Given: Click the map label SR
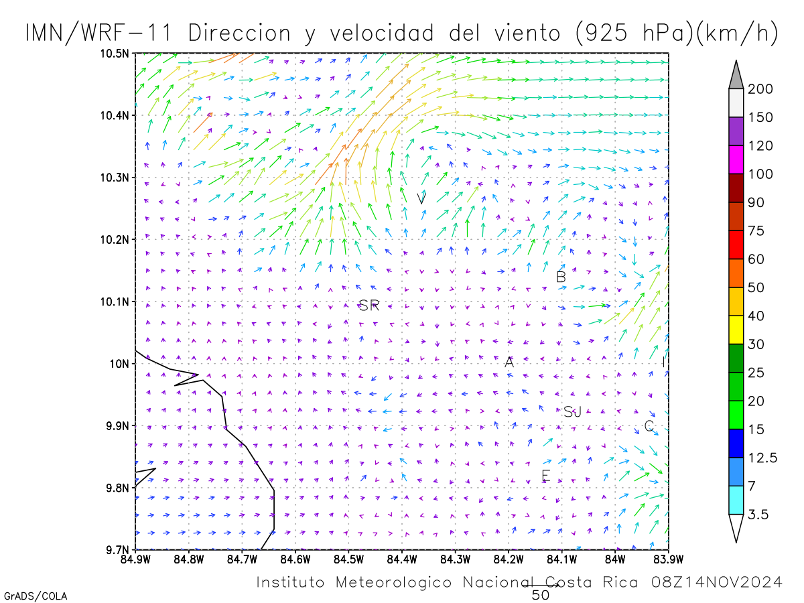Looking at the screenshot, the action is [x=368, y=305].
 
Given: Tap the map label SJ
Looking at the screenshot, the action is [x=572, y=412].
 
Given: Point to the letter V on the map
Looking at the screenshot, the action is [x=421, y=198].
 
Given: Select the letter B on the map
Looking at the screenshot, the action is [x=561, y=277].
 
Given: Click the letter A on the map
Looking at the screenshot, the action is [x=509, y=362].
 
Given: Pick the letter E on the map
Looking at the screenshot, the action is [x=545, y=475].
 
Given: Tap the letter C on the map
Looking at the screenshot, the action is [x=649, y=425].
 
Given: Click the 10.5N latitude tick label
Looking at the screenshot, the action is [x=115, y=54].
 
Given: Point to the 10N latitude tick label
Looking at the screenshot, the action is [x=119, y=364].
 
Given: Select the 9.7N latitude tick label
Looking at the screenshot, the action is [x=117, y=549].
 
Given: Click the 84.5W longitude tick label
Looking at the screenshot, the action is [x=348, y=559].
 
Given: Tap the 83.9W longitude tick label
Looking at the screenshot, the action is [x=669, y=559].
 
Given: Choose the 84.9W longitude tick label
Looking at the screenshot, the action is [x=135, y=559].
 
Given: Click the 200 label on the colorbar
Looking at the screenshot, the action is [x=760, y=89].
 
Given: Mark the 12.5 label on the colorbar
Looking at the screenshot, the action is [x=762, y=458].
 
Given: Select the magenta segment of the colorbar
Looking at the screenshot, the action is [x=736, y=159].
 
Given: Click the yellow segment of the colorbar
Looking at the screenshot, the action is [x=736, y=330].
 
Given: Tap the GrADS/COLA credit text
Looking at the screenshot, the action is [x=36, y=596].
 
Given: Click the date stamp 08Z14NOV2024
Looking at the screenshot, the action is [x=717, y=582].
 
